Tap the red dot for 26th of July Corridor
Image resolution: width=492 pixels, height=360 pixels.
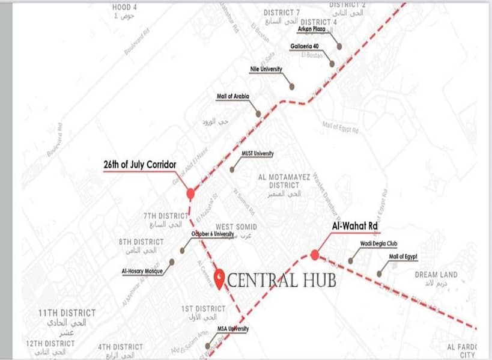[190, 194]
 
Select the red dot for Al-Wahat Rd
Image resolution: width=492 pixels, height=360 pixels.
[315, 255]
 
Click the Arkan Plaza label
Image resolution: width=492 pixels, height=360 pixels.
[312, 28]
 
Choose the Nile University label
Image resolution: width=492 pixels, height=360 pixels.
[266, 70]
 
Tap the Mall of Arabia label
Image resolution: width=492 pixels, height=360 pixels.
[233, 96]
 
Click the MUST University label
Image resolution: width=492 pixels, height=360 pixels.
[257, 154]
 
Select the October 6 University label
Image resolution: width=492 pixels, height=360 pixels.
[212, 234]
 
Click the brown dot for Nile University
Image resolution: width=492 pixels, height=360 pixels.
[291, 87]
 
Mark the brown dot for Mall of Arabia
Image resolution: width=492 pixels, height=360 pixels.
[258, 114]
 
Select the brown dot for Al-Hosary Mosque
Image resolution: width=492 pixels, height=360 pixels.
[172, 262]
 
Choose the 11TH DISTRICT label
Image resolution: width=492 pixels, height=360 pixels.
[67, 313]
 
